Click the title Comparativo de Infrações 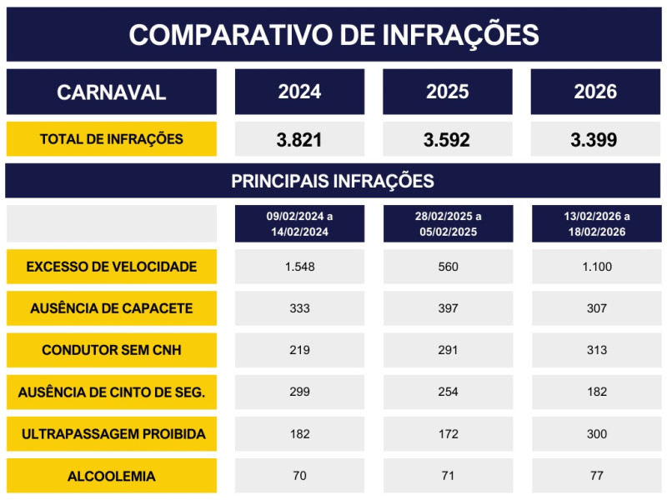333,35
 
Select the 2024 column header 299,92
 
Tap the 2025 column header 447,92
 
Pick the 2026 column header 595,92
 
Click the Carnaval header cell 111,92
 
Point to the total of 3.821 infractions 299,140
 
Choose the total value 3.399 594,140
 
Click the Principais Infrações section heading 333,181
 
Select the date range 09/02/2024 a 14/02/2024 299,224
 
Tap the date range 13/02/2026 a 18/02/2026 596,224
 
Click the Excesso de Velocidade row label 111,267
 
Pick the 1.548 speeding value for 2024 299,267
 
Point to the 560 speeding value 447,267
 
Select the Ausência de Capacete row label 111,308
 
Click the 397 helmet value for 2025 447,308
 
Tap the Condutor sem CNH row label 111,350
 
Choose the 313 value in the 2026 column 596,350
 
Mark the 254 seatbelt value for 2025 447,392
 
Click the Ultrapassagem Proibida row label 113,434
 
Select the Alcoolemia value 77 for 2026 596,476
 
